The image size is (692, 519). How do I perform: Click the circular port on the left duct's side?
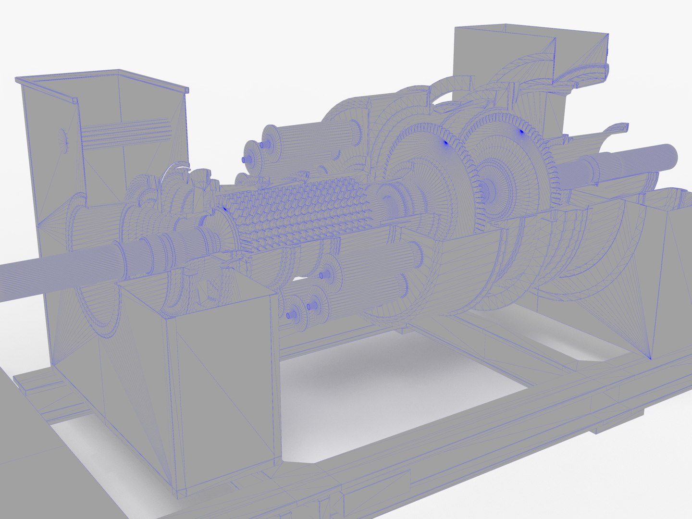click(x=62, y=140)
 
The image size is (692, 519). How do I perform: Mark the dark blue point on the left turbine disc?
click(x=445, y=142)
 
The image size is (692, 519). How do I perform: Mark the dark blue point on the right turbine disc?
click(x=521, y=130)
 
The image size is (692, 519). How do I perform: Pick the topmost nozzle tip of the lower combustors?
click(x=321, y=275)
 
